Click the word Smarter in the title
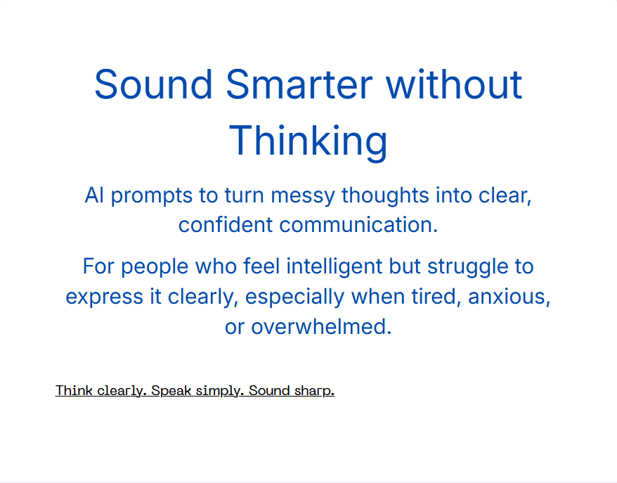click(x=299, y=84)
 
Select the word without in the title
click(x=454, y=84)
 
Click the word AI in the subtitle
click(x=94, y=195)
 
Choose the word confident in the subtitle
click(x=226, y=225)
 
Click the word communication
click(x=358, y=225)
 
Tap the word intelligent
click(x=334, y=266)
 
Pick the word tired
click(x=436, y=297)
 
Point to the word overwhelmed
click(x=321, y=326)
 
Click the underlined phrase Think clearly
click(x=101, y=391)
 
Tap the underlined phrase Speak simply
click(x=195, y=391)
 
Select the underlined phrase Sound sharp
click(x=292, y=391)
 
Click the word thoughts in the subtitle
click(x=385, y=195)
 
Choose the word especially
click(x=295, y=297)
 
